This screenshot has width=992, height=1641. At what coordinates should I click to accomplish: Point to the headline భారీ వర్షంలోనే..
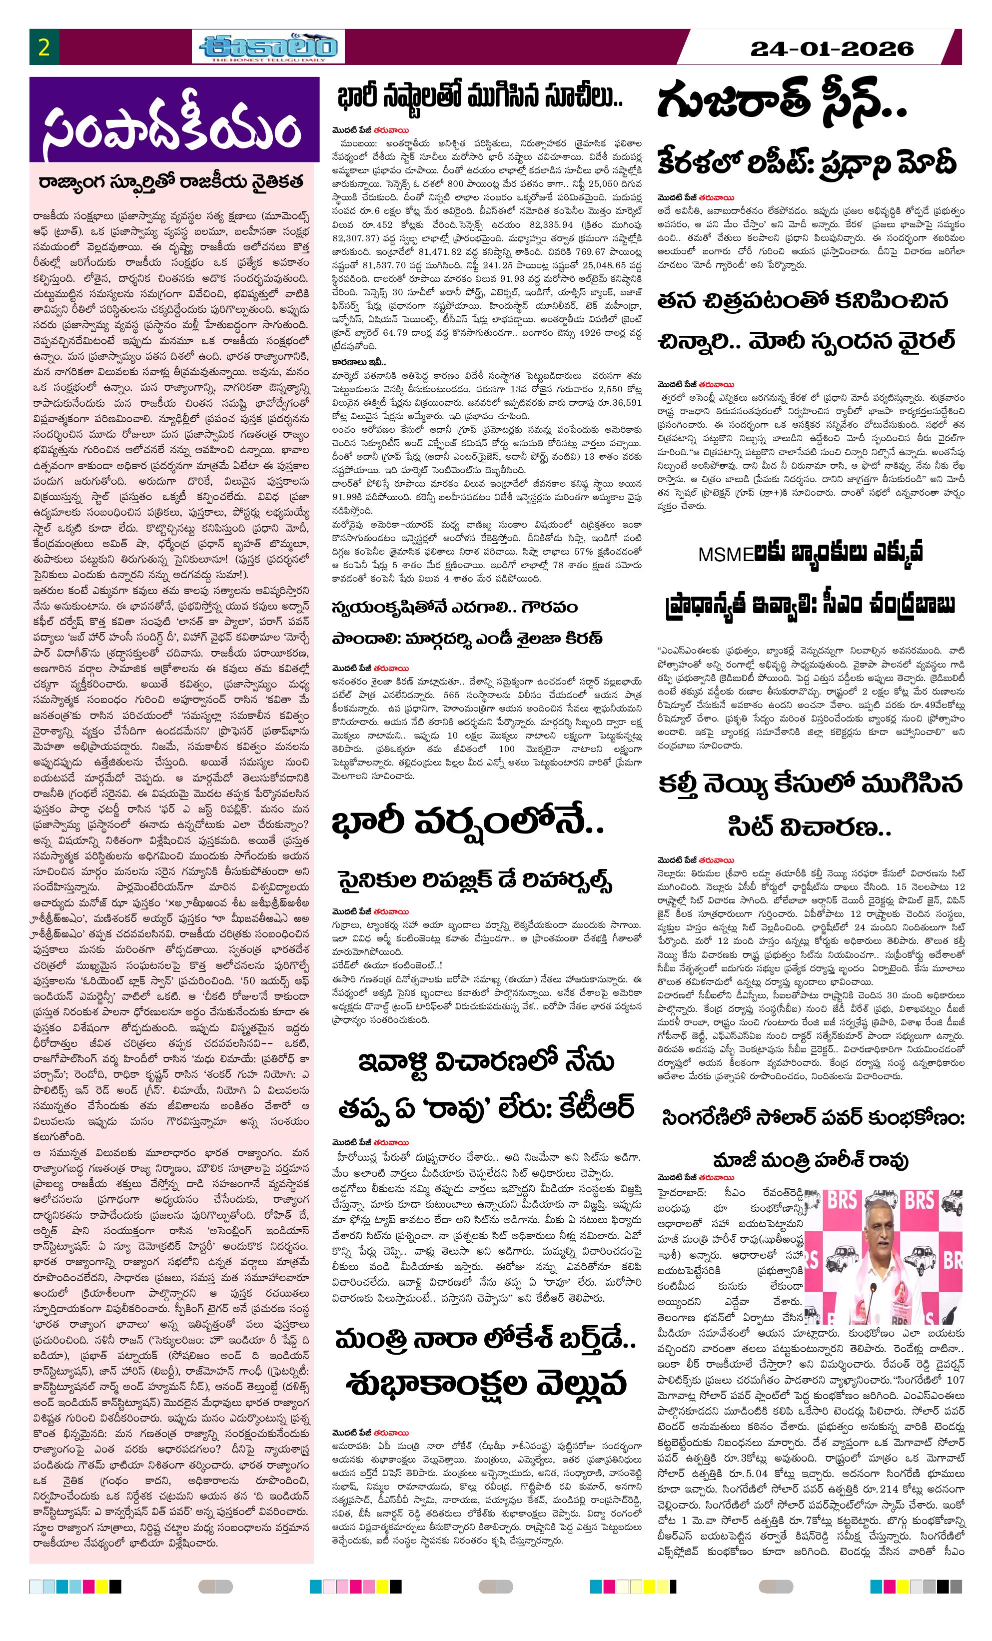point(468,824)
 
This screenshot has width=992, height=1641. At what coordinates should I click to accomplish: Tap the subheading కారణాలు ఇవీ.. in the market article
point(354,362)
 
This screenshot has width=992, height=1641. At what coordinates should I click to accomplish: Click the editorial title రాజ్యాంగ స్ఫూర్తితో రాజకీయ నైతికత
point(171,182)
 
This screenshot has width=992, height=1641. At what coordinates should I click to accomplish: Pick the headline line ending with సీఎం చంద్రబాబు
point(810,605)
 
